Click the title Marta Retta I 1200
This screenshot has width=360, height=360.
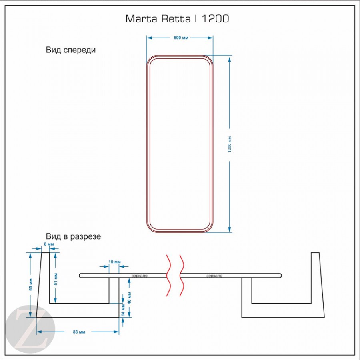click(177, 19)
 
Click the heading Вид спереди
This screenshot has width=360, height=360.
click(71, 50)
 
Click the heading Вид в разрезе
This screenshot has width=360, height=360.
click(73, 236)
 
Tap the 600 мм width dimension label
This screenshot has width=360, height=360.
click(181, 38)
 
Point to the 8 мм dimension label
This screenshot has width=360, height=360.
click(48, 244)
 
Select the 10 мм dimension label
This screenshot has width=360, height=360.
click(114, 262)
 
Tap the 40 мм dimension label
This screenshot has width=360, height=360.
click(129, 297)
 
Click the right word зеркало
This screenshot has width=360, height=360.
click(214, 276)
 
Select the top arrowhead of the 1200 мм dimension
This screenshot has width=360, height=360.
click(230, 59)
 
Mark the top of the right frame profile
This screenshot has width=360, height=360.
click(315, 254)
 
